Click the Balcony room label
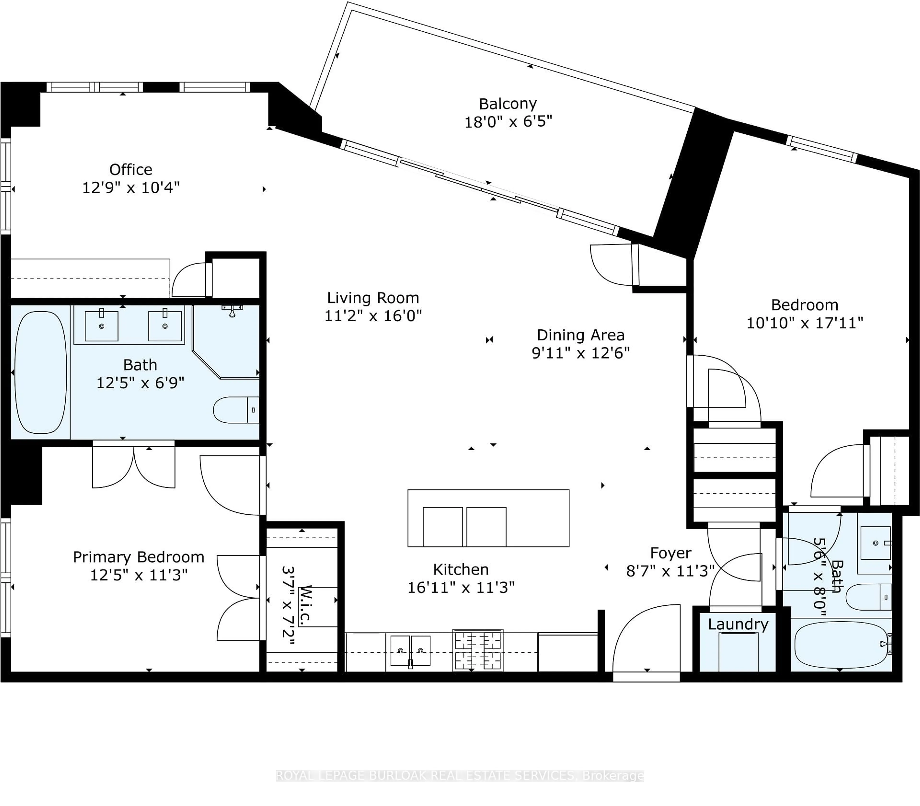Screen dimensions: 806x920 click(x=508, y=104)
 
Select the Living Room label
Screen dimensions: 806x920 click(x=373, y=298)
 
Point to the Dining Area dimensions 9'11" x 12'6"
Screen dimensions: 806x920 click(x=581, y=353)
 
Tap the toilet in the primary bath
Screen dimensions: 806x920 click(x=235, y=410)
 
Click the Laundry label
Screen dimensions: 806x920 click(x=738, y=624)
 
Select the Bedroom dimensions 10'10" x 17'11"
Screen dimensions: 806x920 click(x=805, y=323)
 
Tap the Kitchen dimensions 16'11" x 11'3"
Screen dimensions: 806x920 click(x=461, y=587)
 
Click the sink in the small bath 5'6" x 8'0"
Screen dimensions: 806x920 click(x=875, y=543)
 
